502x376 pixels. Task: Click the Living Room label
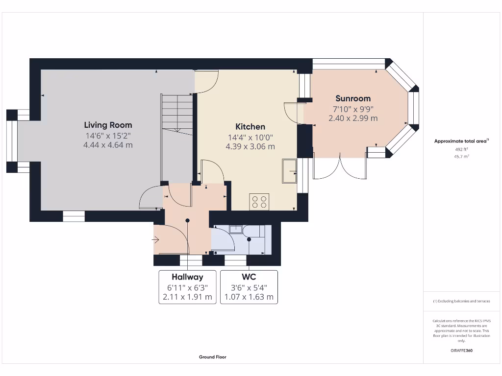[x=108, y=125]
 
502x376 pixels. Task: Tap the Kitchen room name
[x=250, y=127]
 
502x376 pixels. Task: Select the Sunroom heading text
[x=353, y=98]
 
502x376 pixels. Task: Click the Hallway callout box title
[x=187, y=277]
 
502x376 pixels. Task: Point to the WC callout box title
[x=249, y=277]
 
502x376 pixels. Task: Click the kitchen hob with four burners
[x=259, y=202]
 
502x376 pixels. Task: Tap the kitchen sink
[x=289, y=171]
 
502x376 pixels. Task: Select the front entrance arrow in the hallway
[x=155, y=239]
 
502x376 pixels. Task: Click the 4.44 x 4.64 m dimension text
[x=108, y=145]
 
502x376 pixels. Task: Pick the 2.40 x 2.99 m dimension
[x=353, y=118]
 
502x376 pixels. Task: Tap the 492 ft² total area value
[x=461, y=149]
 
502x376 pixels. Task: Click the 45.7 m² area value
[x=461, y=156]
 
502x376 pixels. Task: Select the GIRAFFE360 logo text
[x=461, y=351]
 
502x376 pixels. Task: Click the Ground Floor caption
[x=213, y=357]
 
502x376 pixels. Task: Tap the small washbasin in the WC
[x=236, y=229]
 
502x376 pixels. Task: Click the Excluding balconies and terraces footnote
[x=461, y=301]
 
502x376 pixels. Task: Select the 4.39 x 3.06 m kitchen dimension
[x=250, y=147]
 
